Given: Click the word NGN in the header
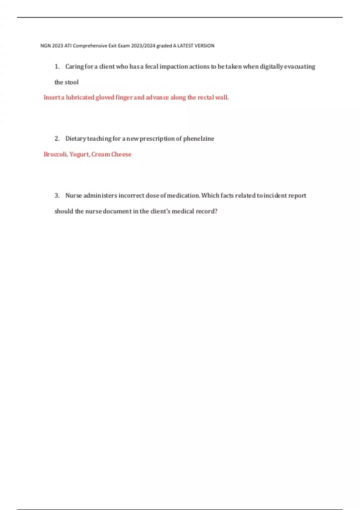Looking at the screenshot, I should point(45,46).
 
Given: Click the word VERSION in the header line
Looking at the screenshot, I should point(204,46).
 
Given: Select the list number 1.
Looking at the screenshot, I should point(57,67).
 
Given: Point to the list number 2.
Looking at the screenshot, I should point(57,139).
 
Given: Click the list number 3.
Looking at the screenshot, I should point(57,196).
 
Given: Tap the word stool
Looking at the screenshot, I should point(72,82).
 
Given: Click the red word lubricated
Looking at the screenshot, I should point(80,97).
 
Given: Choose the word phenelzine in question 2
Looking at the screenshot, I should point(199,139).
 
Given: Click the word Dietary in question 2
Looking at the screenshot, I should point(75,139).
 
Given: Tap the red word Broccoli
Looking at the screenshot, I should point(55,154).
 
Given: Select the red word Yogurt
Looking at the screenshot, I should point(79,154).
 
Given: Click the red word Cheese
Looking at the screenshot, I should point(121,154).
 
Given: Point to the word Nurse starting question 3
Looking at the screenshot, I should point(73,196).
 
